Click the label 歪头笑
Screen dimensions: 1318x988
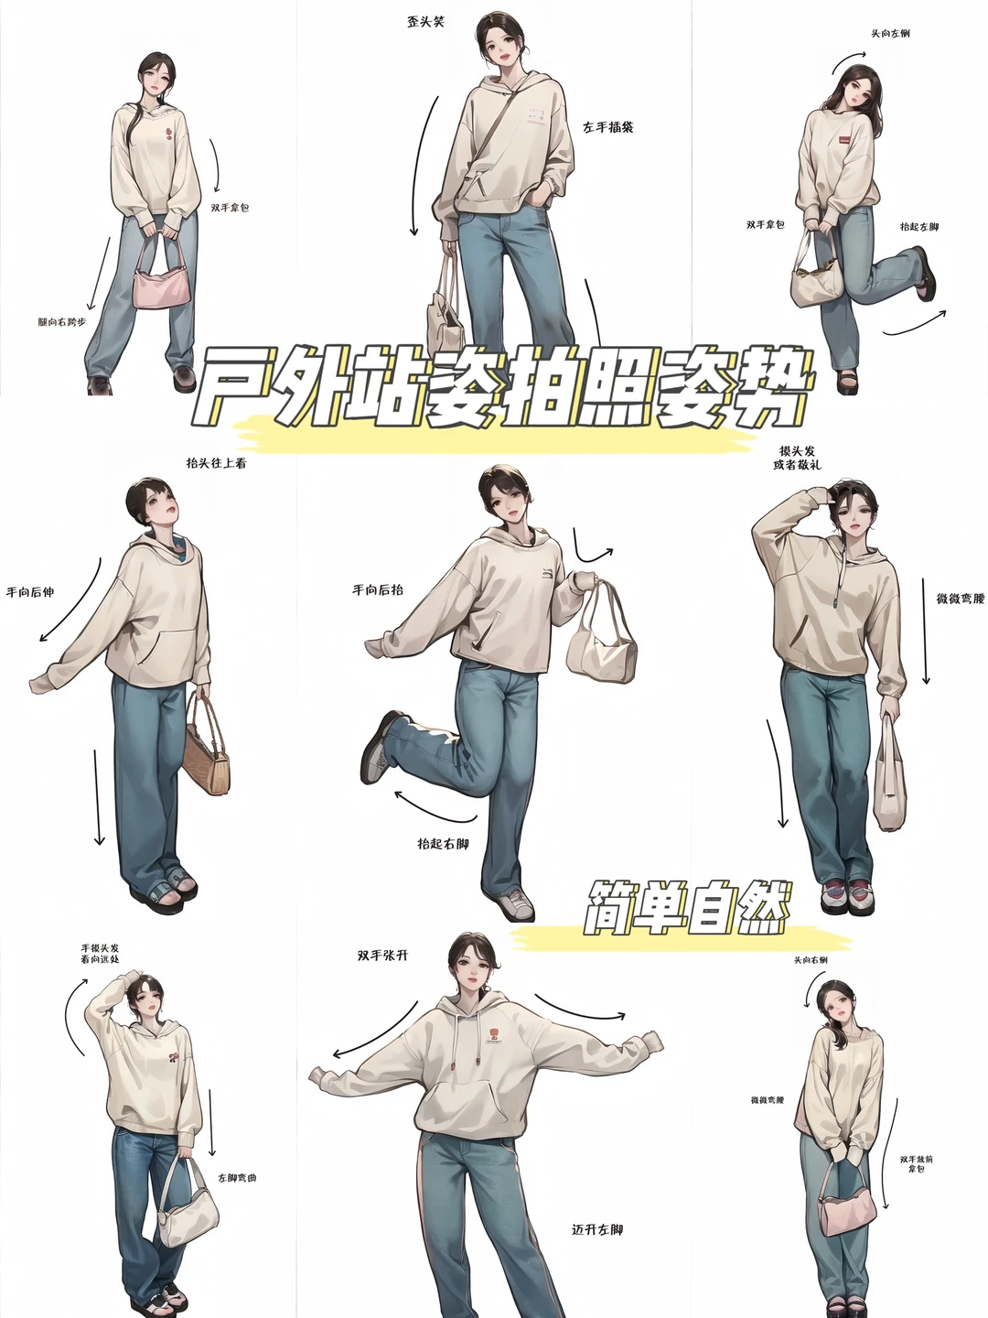click(425, 21)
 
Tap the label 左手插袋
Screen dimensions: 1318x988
click(608, 127)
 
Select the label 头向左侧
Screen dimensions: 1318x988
click(889, 34)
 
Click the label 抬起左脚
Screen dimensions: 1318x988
click(918, 226)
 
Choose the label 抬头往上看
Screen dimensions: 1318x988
click(216, 463)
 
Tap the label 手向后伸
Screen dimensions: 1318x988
click(30, 592)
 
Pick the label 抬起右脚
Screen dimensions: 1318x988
click(443, 843)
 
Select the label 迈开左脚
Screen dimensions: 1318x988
click(597, 1229)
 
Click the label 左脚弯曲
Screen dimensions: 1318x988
click(237, 1177)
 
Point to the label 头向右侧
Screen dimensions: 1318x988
click(811, 959)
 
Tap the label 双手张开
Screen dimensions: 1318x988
click(382, 956)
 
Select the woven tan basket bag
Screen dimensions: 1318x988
click(208, 751)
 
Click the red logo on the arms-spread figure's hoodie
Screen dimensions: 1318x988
click(493, 1035)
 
